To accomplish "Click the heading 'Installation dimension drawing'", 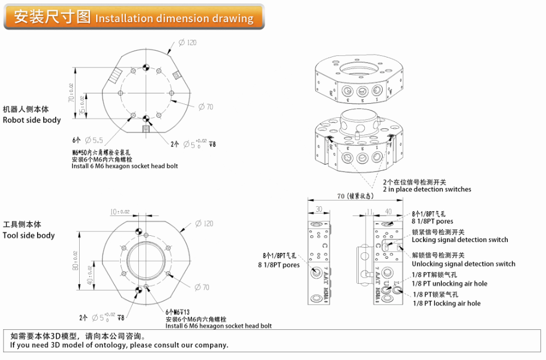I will click(x=174, y=18).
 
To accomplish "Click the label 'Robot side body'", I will click(x=31, y=120).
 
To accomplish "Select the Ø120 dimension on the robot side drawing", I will click(x=187, y=43).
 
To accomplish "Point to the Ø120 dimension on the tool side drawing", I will click(x=203, y=223).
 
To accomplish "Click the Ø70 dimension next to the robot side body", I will click(x=206, y=107).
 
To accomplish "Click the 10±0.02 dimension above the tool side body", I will click(x=120, y=212).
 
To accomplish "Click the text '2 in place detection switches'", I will click(x=426, y=190).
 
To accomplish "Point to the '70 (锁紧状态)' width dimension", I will click(x=355, y=196).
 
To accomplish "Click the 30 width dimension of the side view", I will click(x=318, y=209).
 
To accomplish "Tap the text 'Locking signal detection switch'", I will click(x=459, y=240).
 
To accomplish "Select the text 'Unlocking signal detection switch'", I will click(x=463, y=264).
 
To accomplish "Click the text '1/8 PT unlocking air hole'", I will click(x=450, y=284).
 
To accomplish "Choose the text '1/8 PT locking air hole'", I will click(x=446, y=304).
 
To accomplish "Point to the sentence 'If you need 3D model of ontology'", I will click(x=119, y=345).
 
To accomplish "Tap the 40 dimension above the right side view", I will click(x=388, y=211).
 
